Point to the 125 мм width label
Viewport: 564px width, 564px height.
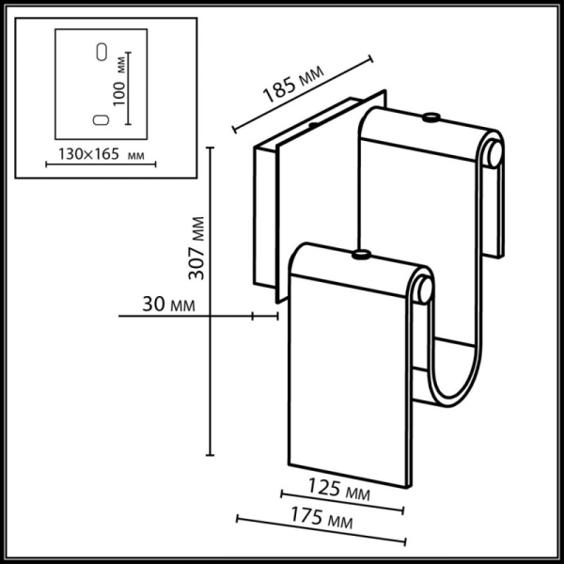339,490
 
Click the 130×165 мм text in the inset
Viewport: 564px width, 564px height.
90,154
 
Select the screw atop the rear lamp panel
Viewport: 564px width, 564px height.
430,117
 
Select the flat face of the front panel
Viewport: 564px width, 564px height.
348,376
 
